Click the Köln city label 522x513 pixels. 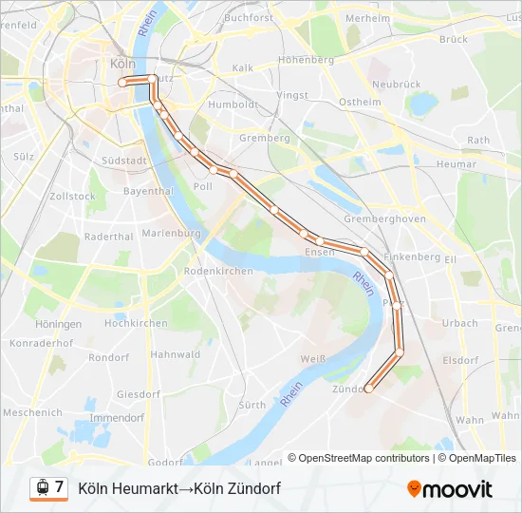pos(123,64)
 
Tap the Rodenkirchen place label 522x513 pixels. pos(218,271)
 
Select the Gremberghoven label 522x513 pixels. pos(385,218)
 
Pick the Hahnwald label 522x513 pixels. pos(175,354)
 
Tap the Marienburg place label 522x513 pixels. pos(171,233)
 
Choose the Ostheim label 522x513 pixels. pos(360,102)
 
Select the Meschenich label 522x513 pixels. pos(32,412)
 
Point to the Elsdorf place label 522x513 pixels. pos(460,360)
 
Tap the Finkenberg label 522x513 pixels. pos(413,256)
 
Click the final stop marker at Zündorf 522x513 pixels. pos(369,388)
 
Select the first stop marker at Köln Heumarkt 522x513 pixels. pos(122,84)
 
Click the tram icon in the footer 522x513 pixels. pos(41,488)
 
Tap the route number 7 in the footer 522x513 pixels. pos(59,487)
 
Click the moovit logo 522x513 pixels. pos(450,489)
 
